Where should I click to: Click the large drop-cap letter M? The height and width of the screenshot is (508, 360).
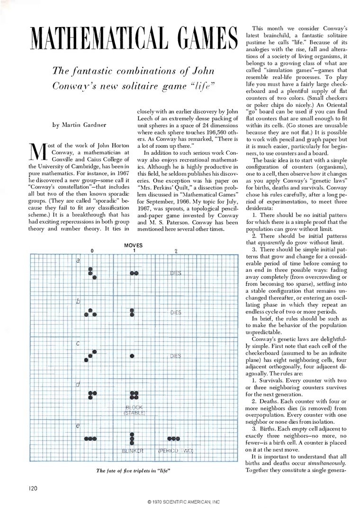(36, 152)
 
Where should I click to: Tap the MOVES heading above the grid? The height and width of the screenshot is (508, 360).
(133, 245)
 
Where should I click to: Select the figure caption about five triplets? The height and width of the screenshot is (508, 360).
(133, 471)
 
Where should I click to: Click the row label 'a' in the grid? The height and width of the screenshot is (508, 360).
(78, 260)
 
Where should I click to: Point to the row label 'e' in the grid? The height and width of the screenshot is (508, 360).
(78, 427)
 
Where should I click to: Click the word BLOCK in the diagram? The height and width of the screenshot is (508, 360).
(134, 408)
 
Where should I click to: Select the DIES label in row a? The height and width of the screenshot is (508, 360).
(176, 273)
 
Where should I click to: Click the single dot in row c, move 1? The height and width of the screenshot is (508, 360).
(132, 356)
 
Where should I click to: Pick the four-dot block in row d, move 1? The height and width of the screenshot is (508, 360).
(134, 394)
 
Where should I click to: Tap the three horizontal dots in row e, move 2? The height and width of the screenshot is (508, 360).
(174, 438)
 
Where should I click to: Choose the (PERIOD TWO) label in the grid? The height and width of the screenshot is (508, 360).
(176, 450)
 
